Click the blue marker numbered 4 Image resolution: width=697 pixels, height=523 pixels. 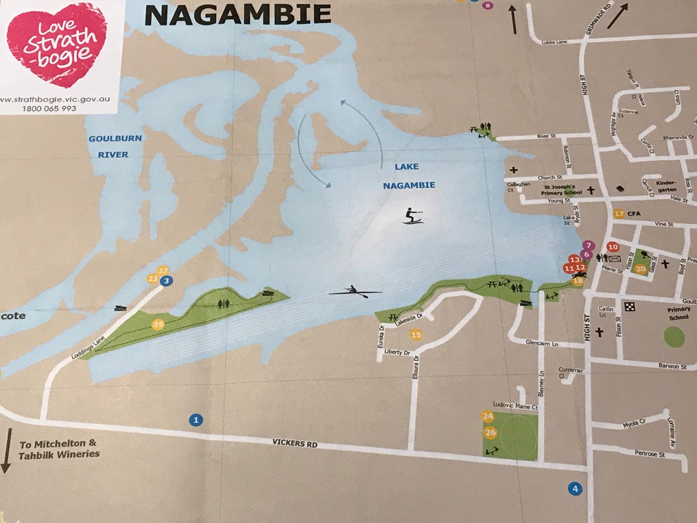(574, 488)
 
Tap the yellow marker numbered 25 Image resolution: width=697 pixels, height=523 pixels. (158, 325)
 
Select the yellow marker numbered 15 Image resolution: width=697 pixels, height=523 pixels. (417, 335)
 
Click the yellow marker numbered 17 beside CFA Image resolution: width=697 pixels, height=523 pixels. (619, 214)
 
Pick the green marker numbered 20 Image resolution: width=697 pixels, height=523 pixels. (640, 269)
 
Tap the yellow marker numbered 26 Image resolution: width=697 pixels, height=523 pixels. (491, 433)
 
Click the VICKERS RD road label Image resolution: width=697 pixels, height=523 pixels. (295, 444)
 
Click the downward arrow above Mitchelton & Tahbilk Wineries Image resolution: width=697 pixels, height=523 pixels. (6, 449)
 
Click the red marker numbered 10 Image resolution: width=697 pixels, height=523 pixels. (613, 246)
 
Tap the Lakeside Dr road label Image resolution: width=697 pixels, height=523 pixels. (409, 322)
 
